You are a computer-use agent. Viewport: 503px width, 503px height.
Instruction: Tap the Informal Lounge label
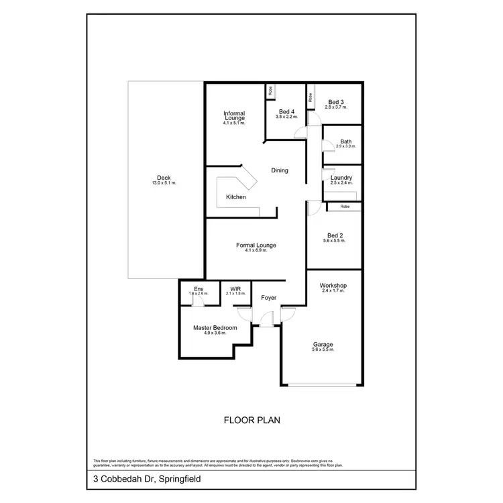point(235,116)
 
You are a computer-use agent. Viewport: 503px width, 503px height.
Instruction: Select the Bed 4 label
point(286,111)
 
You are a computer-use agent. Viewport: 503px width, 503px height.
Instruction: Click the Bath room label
point(345,142)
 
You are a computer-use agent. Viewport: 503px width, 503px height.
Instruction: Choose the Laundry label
point(341,178)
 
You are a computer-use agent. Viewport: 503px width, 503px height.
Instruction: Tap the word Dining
point(280,170)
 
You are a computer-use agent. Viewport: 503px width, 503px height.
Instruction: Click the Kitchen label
point(235,197)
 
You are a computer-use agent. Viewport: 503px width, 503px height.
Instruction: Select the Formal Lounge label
point(256,245)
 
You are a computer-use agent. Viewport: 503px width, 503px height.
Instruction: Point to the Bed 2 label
point(334,235)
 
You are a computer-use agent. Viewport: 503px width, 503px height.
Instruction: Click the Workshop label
point(333,286)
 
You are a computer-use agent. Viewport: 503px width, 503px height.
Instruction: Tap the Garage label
point(323,345)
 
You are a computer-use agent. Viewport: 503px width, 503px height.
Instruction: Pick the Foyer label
point(268,298)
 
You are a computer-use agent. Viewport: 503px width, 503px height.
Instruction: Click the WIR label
point(235,289)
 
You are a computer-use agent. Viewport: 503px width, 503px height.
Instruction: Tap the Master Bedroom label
point(215,328)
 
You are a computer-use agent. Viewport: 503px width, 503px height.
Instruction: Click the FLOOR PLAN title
point(251,421)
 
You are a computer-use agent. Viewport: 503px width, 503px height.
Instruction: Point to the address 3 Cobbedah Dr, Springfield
point(147,480)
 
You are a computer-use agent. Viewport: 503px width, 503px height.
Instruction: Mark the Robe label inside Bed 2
point(345,207)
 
